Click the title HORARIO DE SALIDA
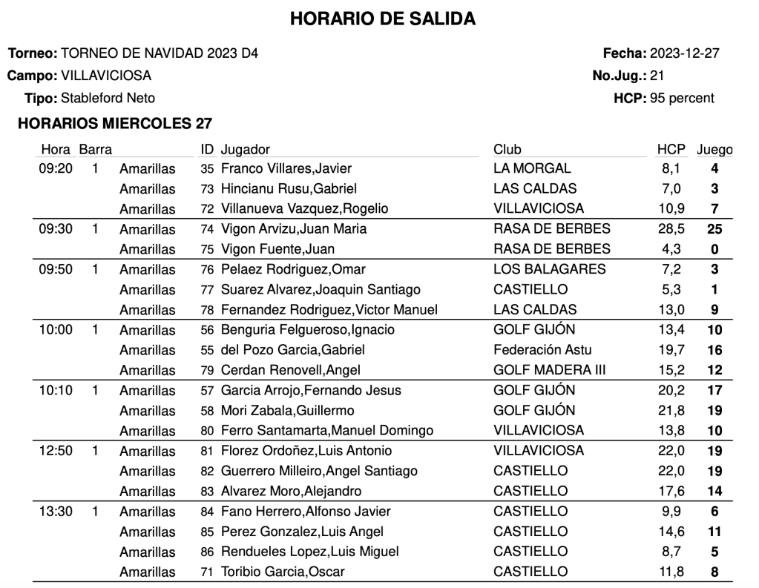382,19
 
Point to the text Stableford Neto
108,98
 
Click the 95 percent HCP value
681,98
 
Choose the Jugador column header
246,149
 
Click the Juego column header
714,149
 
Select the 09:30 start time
56,229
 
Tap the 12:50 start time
56,451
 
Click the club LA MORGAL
532,169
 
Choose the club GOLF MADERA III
549,370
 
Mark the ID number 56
207,330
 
